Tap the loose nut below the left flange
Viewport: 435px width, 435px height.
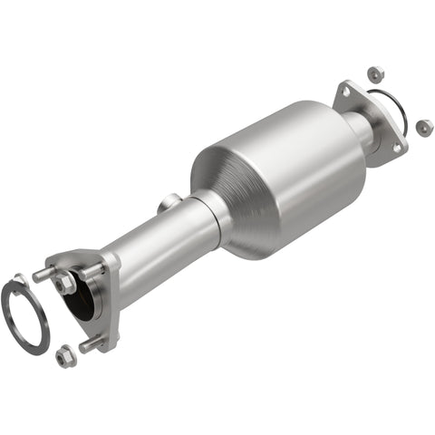point(65,355)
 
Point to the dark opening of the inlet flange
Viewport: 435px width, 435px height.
point(82,300)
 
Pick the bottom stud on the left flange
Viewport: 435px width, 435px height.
point(90,344)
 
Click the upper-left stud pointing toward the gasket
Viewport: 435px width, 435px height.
point(43,274)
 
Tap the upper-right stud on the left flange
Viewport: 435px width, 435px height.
point(91,271)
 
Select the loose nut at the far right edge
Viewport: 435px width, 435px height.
point(423,127)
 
